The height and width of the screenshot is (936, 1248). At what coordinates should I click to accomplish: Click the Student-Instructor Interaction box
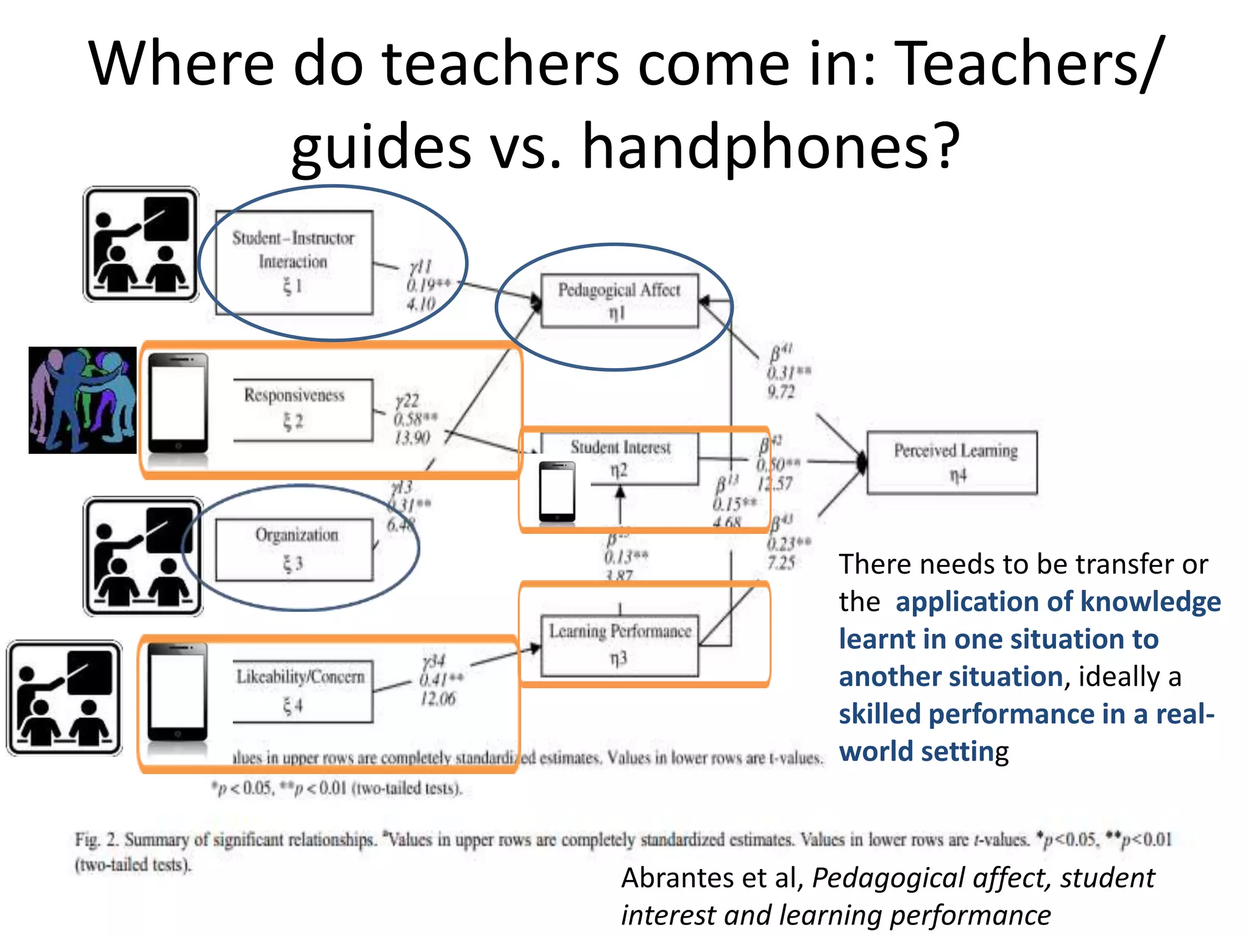(294, 263)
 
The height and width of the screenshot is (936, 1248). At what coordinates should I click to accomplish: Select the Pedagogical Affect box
(619, 301)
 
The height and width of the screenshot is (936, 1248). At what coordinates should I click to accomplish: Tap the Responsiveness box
(303, 409)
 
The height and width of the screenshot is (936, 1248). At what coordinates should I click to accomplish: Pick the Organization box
(294, 550)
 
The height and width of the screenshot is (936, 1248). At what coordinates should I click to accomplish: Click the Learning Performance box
(620, 645)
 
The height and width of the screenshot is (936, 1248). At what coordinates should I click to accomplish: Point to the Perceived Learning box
(952, 462)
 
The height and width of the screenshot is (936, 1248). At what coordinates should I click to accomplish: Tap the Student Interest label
(620, 447)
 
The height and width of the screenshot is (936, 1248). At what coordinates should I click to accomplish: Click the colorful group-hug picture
(83, 400)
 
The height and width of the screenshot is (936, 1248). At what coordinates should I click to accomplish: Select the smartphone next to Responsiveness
(179, 402)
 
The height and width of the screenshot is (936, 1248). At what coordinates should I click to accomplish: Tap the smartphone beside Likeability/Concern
(178, 692)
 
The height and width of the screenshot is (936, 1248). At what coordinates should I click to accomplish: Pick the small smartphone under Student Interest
(557, 491)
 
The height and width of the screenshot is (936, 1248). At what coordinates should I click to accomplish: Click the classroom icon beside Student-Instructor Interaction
(141, 244)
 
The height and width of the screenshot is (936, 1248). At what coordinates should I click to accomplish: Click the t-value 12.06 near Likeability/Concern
(438, 698)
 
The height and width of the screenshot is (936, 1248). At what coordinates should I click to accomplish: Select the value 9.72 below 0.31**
(781, 391)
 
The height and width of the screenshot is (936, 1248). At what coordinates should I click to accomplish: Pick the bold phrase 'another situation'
(951, 676)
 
